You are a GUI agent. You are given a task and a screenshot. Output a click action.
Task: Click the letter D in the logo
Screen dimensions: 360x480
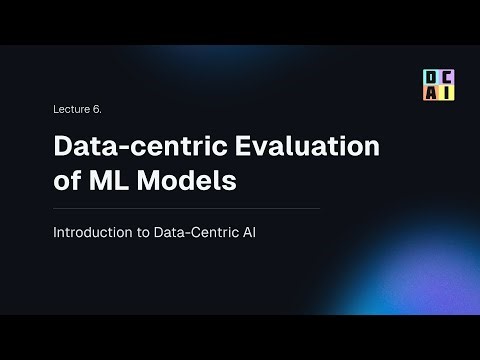pyautogui.click(x=429, y=78)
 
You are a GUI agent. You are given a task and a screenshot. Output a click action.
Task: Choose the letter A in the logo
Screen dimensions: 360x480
pyautogui.click(x=429, y=93)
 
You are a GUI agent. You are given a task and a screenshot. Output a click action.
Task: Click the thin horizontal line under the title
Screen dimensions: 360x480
pyautogui.click(x=186, y=209)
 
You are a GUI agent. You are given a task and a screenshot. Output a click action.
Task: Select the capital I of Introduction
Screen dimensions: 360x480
pyautogui.click(x=55, y=233)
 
